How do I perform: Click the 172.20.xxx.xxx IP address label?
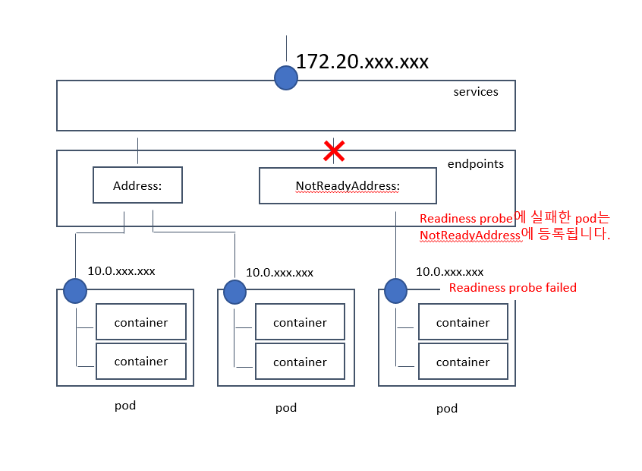[x=362, y=62]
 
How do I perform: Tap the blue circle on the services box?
[x=285, y=77]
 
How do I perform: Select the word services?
[x=476, y=92]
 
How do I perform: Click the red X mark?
[x=334, y=150]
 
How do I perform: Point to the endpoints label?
[x=475, y=163]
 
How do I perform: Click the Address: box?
[x=137, y=185]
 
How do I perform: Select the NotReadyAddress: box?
[x=348, y=186]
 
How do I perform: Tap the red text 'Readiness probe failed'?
[x=513, y=288]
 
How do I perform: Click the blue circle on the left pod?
[x=75, y=290]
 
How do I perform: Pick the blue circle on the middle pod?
[x=234, y=292]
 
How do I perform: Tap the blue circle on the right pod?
[x=395, y=290]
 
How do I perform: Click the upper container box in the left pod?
[x=141, y=322]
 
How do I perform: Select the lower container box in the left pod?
[x=141, y=362]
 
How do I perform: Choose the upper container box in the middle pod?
[x=300, y=322]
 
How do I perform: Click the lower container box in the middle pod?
[x=300, y=362]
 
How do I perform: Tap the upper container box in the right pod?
[x=463, y=322]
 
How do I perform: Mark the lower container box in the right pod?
[x=463, y=362]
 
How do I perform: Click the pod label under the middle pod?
[x=286, y=408]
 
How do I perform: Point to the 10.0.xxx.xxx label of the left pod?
[x=121, y=270]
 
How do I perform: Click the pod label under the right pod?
[x=447, y=409]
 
